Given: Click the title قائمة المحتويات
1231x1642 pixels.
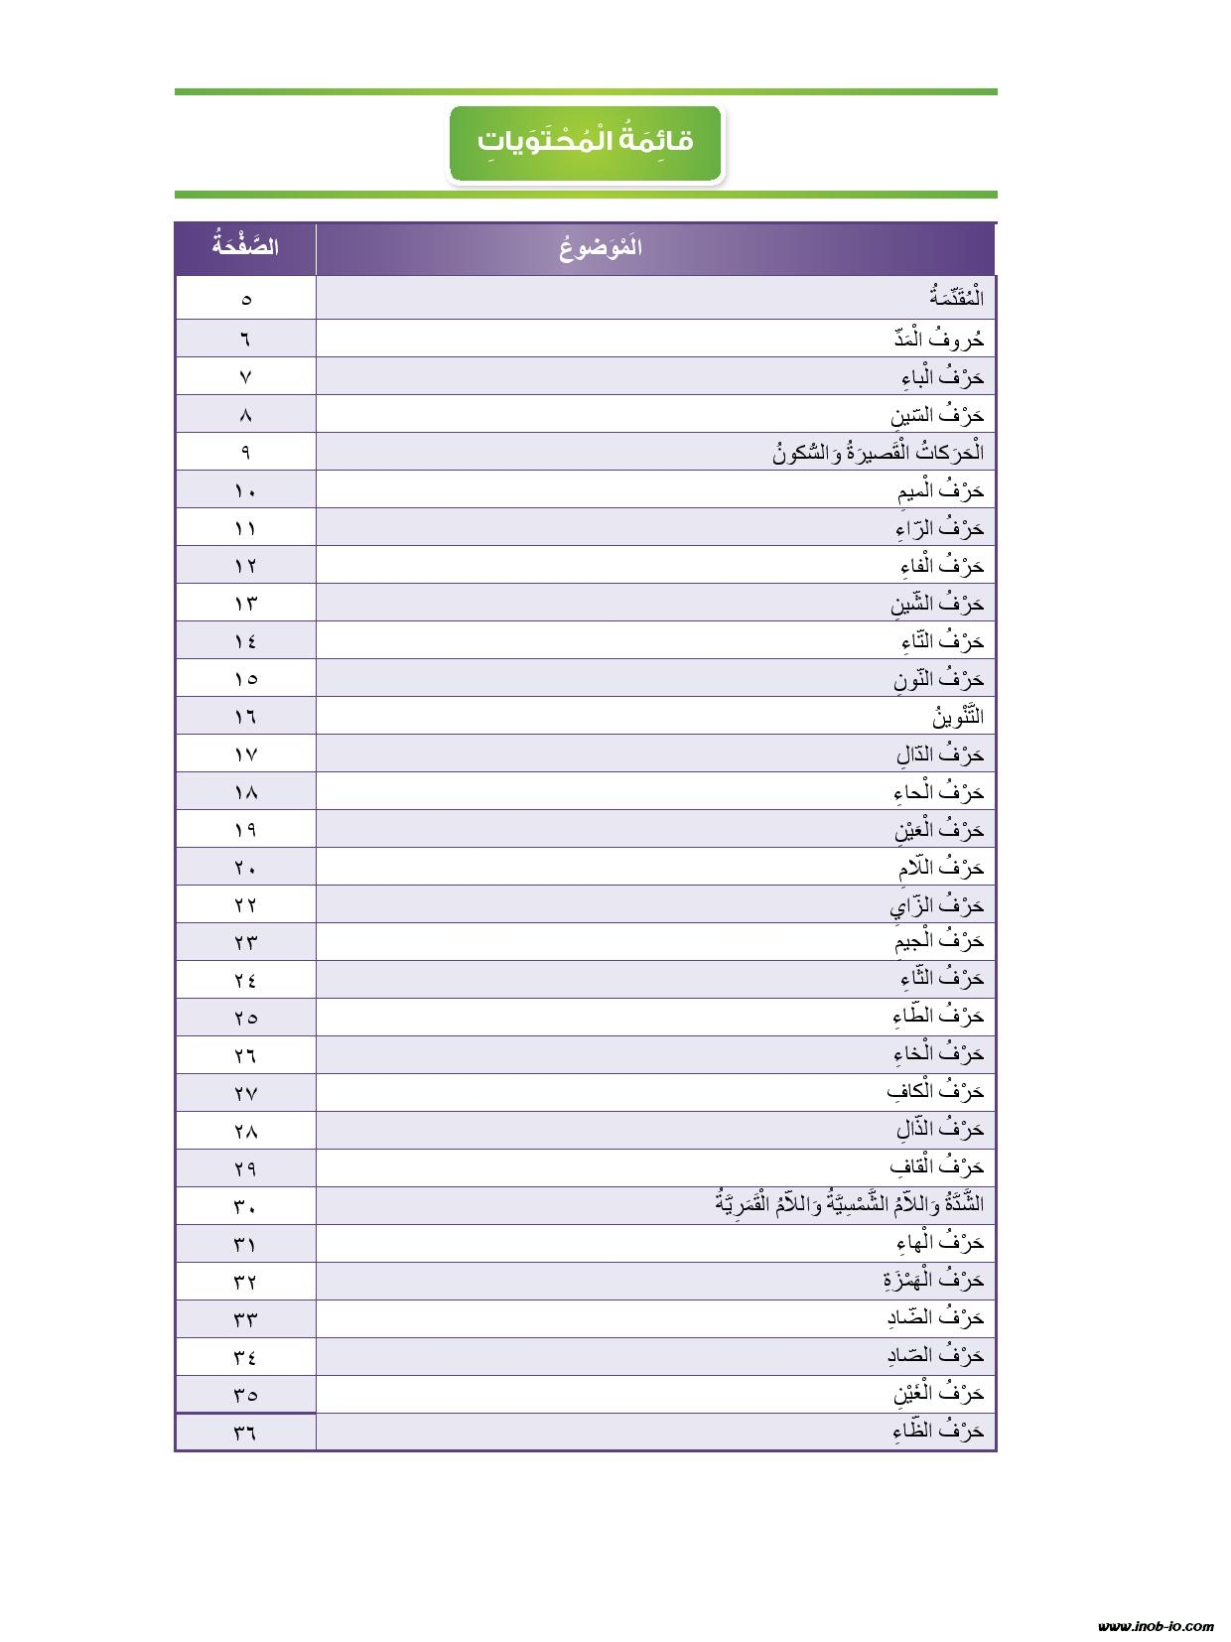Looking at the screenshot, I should click(x=586, y=142).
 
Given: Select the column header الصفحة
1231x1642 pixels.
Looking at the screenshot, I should click(x=245, y=247).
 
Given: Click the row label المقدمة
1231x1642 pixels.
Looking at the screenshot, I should click(x=956, y=298).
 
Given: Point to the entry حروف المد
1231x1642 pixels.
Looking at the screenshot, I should click(x=938, y=339).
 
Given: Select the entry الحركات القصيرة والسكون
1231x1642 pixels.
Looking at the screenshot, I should click(x=878, y=453).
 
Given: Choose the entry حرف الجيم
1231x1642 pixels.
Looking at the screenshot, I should click(x=938, y=940).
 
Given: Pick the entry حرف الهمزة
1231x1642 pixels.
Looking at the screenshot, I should click(x=932, y=1280).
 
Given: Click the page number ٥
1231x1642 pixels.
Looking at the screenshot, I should click(x=246, y=299).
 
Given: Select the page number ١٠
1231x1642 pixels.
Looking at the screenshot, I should click(x=246, y=490).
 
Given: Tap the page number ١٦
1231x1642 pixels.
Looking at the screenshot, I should click(x=246, y=717).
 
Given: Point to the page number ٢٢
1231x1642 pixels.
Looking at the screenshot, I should click(x=246, y=905).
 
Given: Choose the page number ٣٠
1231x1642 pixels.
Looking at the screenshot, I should click(x=246, y=1207).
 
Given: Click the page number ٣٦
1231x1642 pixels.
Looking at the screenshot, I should click(x=246, y=1433).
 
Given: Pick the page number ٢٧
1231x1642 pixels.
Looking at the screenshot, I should click(x=246, y=1094).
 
